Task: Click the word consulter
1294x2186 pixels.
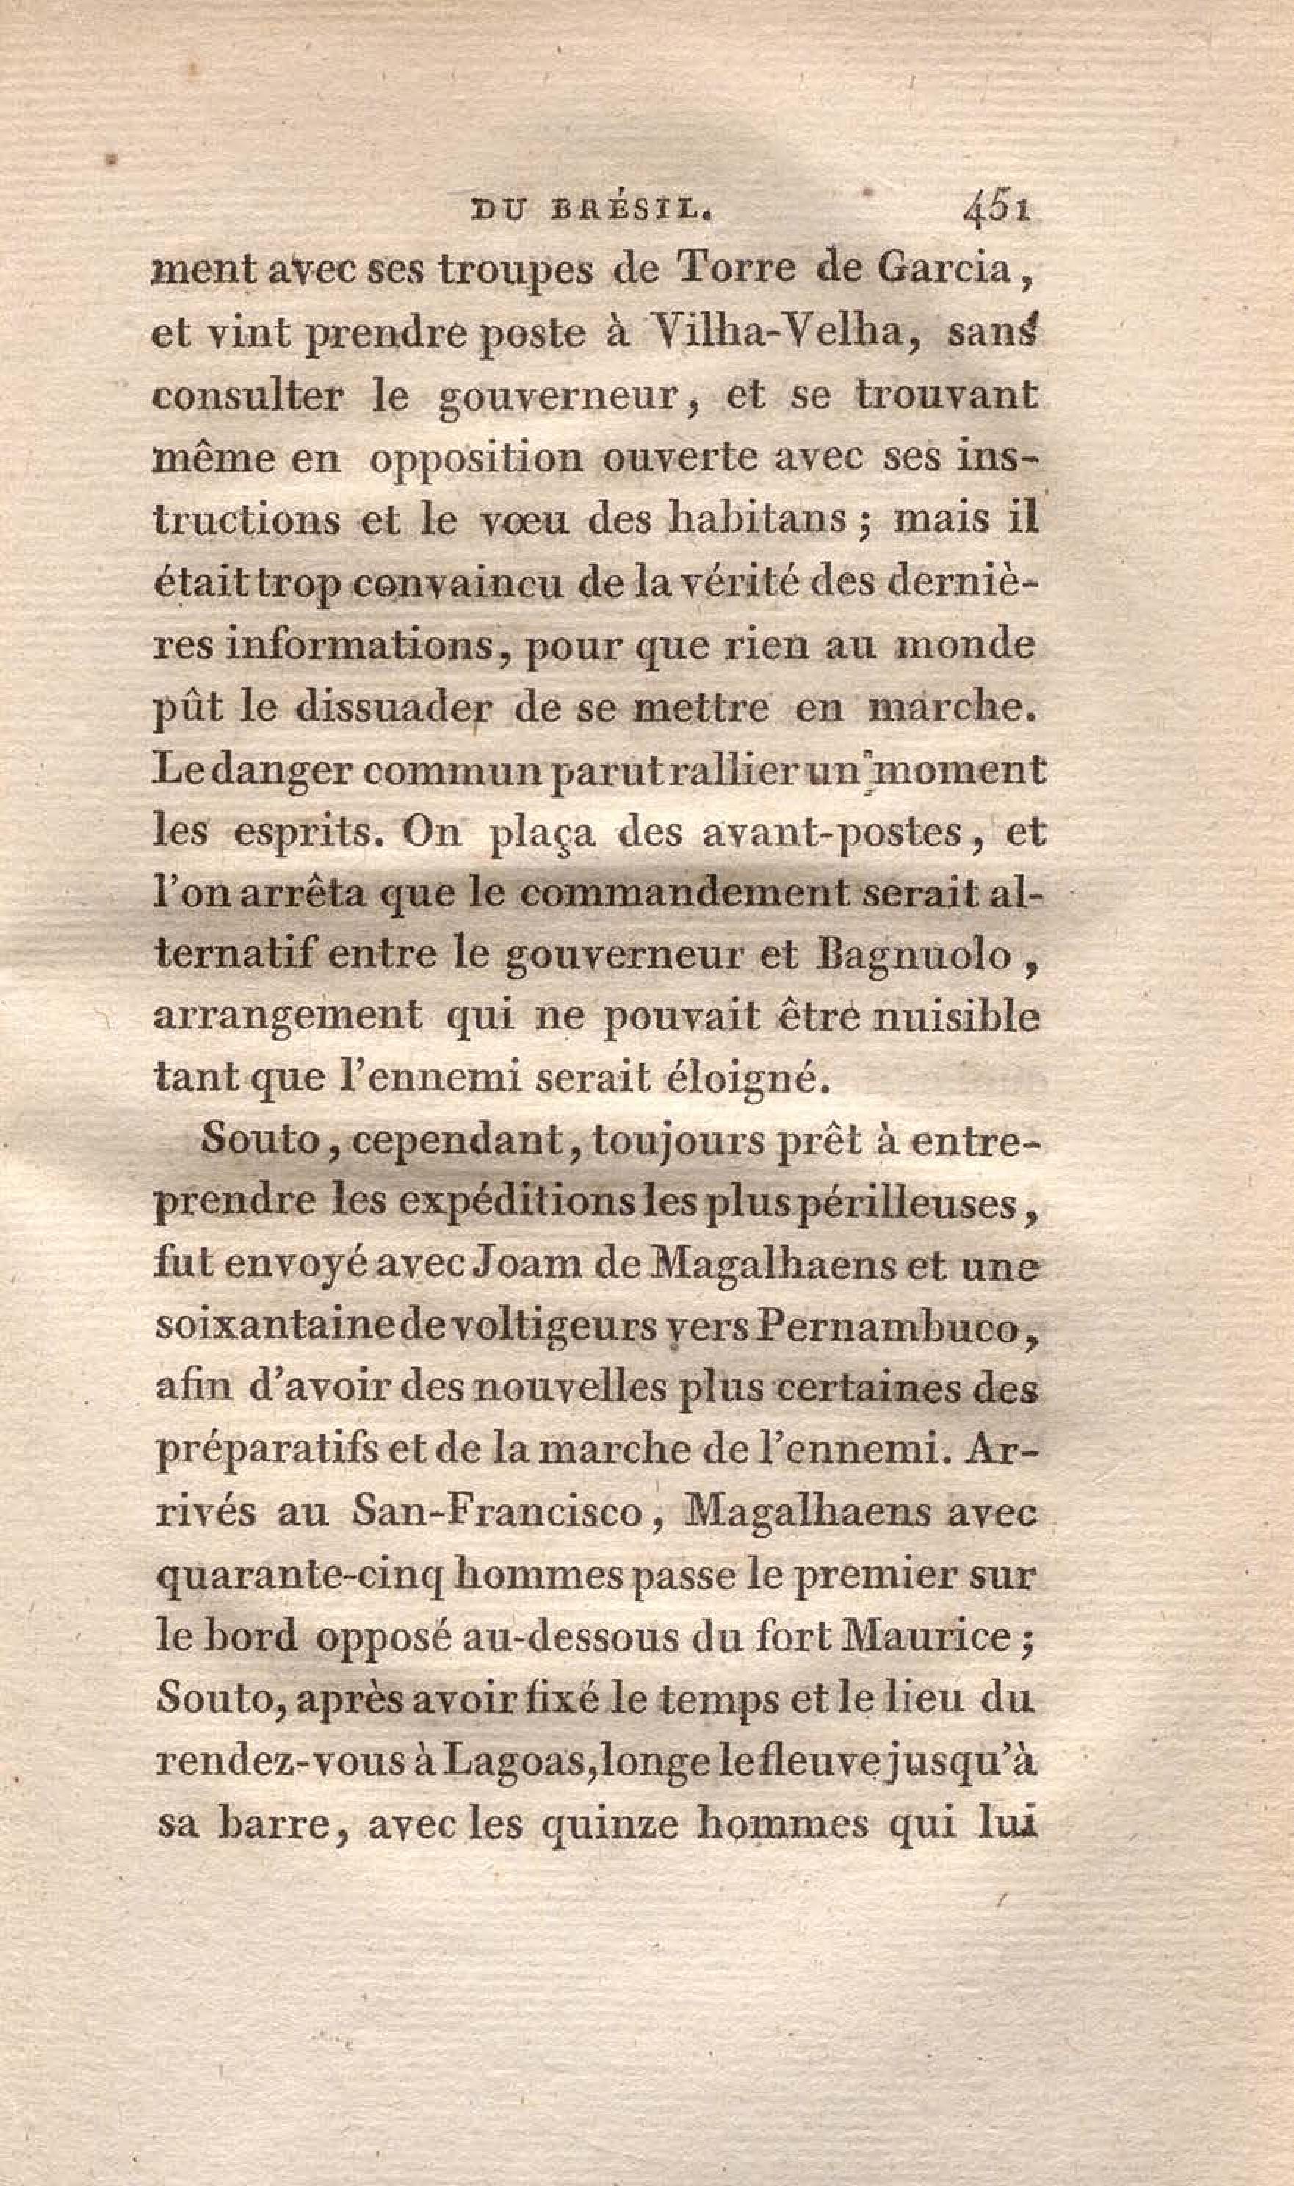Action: [x=247, y=397]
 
